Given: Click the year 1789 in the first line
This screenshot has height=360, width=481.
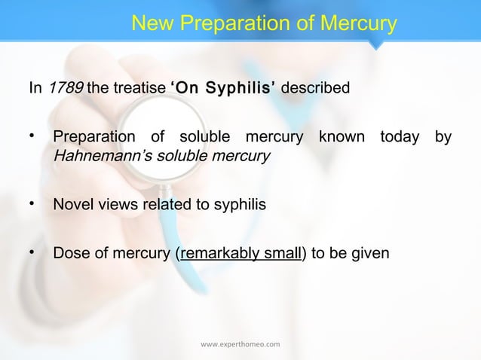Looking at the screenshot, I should pyautogui.click(x=66, y=89).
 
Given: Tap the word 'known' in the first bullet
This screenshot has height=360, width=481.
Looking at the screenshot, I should pyautogui.click(x=340, y=139).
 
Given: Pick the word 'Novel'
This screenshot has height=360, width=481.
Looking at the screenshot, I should pyautogui.click(x=72, y=204).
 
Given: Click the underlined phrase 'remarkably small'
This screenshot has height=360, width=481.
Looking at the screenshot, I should pyautogui.click(x=240, y=252).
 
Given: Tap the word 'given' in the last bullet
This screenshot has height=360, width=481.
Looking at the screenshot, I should pyautogui.click(x=370, y=252).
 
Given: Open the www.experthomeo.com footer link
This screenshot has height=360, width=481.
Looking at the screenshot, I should pyautogui.click(x=240, y=345).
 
